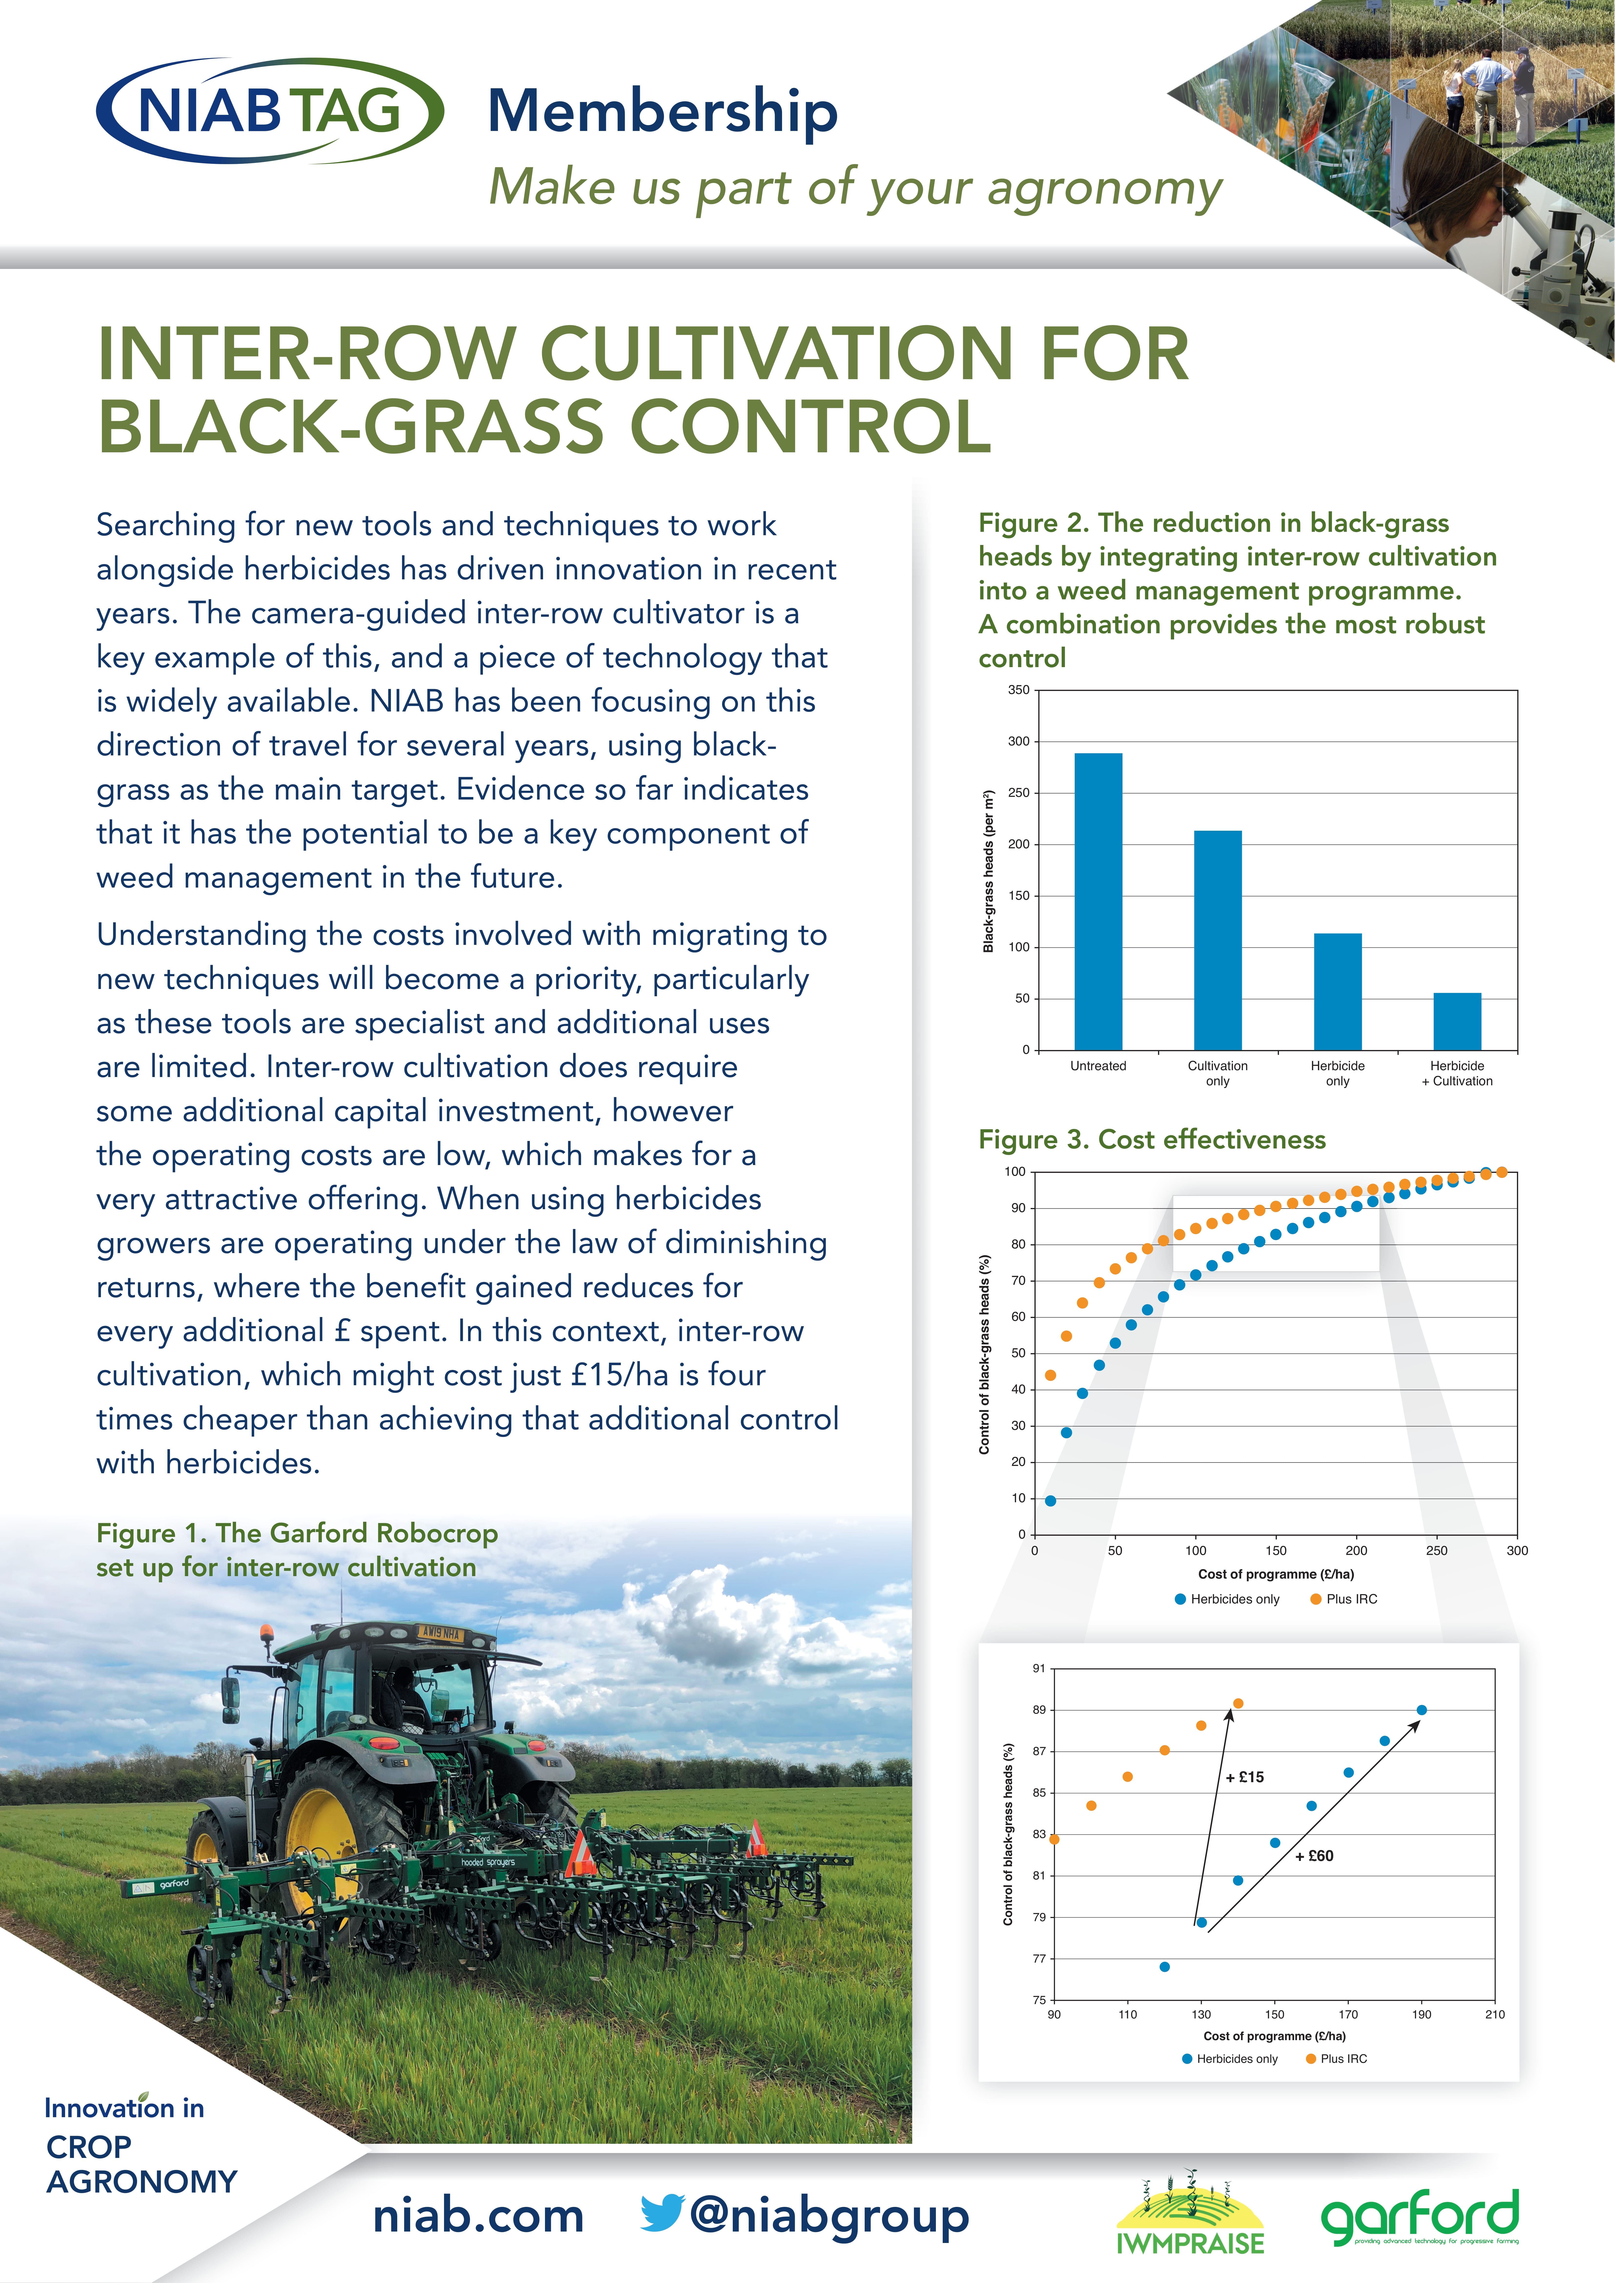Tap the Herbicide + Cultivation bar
pos(1457,1021)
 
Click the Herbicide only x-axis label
pos(1338,1073)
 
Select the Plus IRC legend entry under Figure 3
pos(1344,1599)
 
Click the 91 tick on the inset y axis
pos(1039,1668)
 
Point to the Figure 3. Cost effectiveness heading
pos(1152,1139)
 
